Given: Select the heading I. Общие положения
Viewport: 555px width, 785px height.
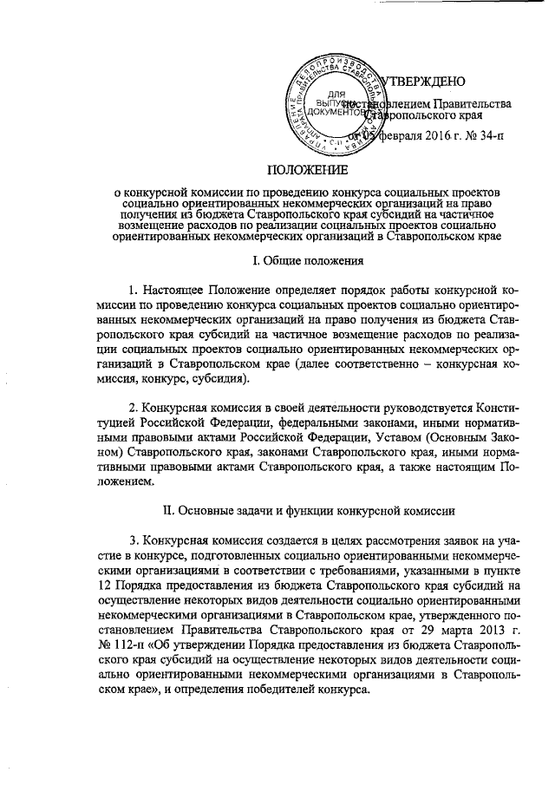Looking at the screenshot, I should pos(306,260).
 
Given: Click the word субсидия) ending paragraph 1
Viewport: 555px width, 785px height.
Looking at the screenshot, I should pos(223,380).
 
